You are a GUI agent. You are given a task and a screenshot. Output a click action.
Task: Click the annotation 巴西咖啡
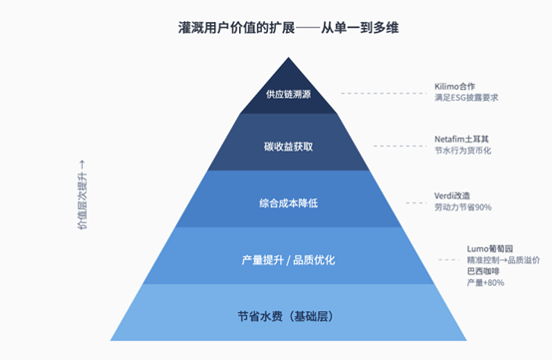tap(454, 270)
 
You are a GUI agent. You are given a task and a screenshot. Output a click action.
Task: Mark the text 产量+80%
tap(455, 283)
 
